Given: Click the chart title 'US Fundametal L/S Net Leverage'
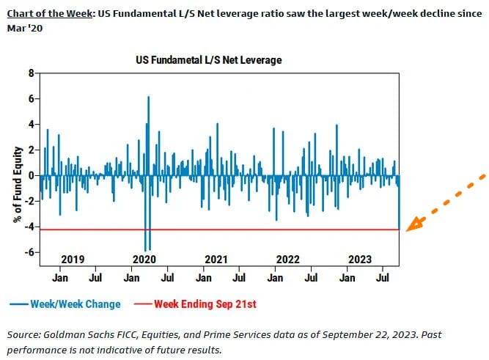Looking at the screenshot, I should coord(208,59).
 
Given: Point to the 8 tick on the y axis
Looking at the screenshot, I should coord(32,73).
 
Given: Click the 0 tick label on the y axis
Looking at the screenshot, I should coord(32,176).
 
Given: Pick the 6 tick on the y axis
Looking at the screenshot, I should coord(32,99).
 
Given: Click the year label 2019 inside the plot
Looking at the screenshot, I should coord(72,260).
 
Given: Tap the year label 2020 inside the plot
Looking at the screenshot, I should coord(144,260).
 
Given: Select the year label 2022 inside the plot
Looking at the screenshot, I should coord(287,260).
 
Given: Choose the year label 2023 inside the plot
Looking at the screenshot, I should coord(360,260).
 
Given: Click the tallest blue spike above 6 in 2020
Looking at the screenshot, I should coord(149,98).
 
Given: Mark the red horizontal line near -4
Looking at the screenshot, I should coord(220,229).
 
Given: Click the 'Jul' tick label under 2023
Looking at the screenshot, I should coord(382,278).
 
